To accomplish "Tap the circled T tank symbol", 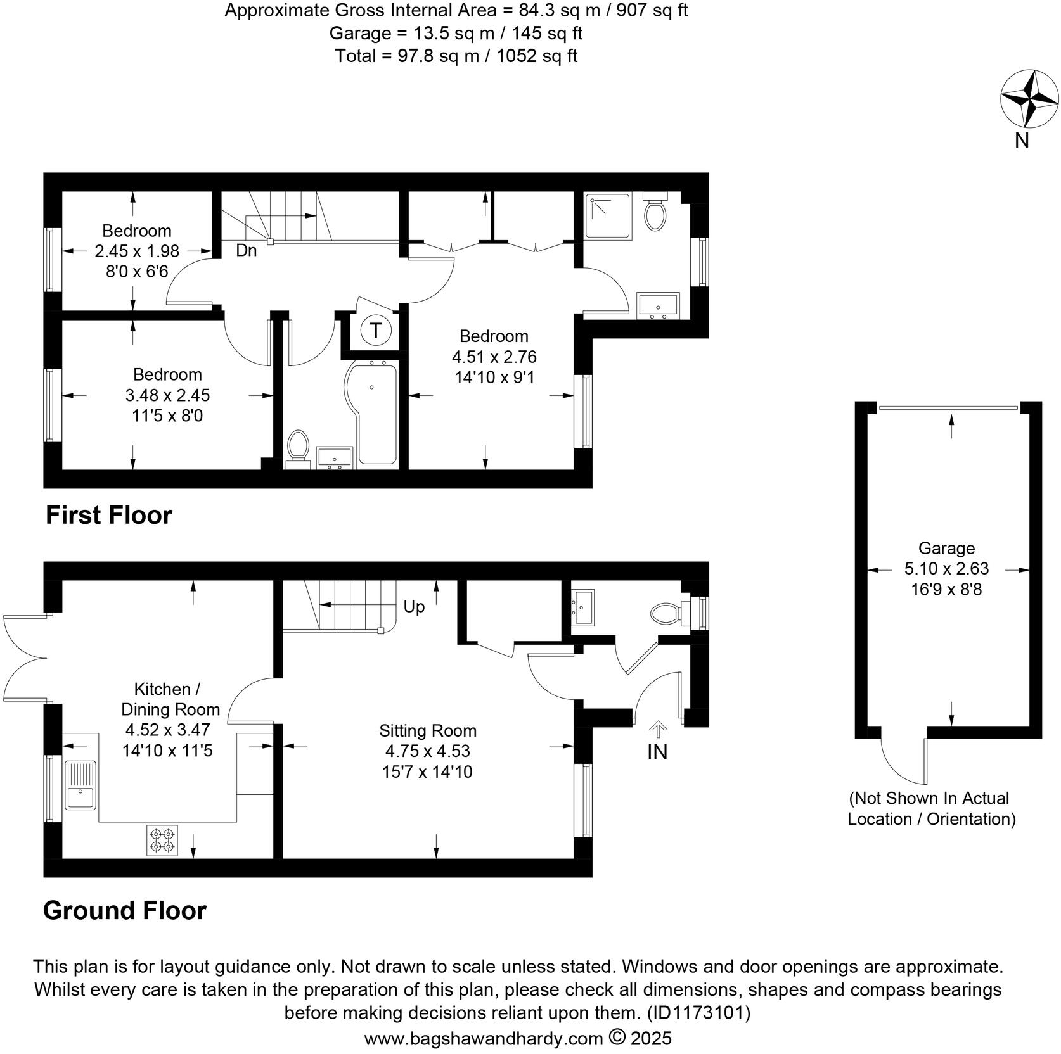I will [x=376, y=330].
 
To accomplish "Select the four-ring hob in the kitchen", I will [x=162, y=840].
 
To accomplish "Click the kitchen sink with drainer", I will [x=80, y=784].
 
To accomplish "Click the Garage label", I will [x=946, y=548].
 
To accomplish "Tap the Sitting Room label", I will [x=428, y=730].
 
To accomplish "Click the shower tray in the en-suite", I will [x=608, y=216].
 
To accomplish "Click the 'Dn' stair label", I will [x=246, y=251].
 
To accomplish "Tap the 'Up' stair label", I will [x=414, y=607].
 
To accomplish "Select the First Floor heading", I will [x=108, y=515].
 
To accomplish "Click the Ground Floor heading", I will [x=125, y=910].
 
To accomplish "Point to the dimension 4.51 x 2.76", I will [x=494, y=357].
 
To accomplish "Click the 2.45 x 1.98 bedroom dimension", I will [x=137, y=251].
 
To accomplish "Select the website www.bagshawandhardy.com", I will [x=483, y=1039].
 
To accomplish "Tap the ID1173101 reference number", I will [x=698, y=1013].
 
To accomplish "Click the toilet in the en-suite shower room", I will [x=655, y=213].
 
